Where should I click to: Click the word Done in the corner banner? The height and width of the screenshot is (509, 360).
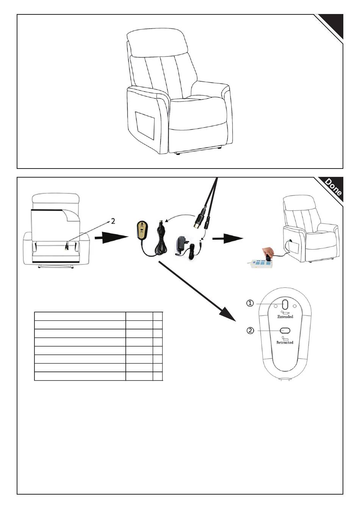(333, 187)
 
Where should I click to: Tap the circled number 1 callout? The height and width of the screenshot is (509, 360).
(250, 303)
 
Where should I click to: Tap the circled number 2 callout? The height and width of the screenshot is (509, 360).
(250, 330)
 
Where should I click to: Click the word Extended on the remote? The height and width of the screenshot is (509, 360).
(285, 316)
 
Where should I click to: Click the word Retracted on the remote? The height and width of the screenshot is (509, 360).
(285, 342)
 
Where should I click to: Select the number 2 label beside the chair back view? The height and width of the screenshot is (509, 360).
(113, 221)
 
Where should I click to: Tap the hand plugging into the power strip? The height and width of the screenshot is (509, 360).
(268, 252)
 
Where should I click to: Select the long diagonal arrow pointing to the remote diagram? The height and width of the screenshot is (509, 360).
(197, 291)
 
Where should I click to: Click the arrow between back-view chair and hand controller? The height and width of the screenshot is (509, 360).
(111, 238)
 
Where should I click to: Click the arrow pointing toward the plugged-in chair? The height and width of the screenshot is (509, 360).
(228, 239)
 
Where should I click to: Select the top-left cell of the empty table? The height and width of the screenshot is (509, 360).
(80, 316)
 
